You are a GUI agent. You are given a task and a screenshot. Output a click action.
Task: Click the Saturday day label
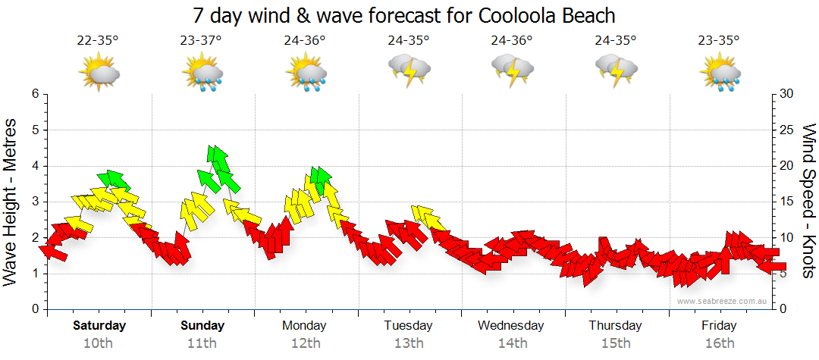pyautogui.click(x=99, y=326)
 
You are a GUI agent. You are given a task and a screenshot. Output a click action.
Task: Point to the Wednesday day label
pyautogui.click(x=511, y=326)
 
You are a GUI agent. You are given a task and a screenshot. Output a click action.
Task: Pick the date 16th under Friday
pyautogui.click(x=719, y=343)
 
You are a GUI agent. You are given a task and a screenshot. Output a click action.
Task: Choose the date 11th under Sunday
pyautogui.click(x=202, y=343)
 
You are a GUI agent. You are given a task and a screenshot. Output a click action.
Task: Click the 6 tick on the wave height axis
pyautogui.click(x=34, y=94)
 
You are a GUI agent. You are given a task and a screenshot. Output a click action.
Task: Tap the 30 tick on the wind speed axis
pyautogui.click(x=786, y=94)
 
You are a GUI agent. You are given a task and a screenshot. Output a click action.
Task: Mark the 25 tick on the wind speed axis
pyautogui.click(x=786, y=130)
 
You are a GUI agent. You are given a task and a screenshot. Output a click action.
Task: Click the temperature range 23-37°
pyautogui.click(x=202, y=40)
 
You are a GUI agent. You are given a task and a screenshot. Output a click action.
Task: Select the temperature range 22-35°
pyautogui.click(x=98, y=40)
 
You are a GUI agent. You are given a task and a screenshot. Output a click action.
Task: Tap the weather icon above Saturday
pyautogui.click(x=99, y=73)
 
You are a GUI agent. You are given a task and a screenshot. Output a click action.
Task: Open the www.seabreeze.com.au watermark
pyautogui.click(x=723, y=302)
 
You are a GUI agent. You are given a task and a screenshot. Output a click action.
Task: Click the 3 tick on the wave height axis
pyautogui.click(x=34, y=202)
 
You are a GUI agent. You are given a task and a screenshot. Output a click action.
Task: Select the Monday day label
pyautogui.click(x=304, y=326)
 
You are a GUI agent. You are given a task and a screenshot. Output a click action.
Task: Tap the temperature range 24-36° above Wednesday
pyautogui.click(x=512, y=40)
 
